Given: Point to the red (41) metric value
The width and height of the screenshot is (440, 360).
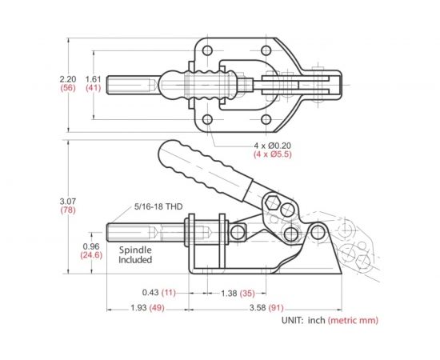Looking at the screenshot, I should (93, 89).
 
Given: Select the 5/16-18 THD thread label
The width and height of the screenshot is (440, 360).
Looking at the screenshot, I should (158, 206).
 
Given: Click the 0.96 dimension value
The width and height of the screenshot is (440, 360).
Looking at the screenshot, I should (90, 246).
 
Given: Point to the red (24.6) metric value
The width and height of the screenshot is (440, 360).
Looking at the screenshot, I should (90, 255).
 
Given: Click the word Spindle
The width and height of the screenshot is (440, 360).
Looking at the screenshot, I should (135, 250).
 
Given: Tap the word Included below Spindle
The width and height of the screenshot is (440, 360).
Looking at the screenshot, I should (136, 260).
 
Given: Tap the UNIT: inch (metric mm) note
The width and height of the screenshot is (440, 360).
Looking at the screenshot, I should (329, 320).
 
